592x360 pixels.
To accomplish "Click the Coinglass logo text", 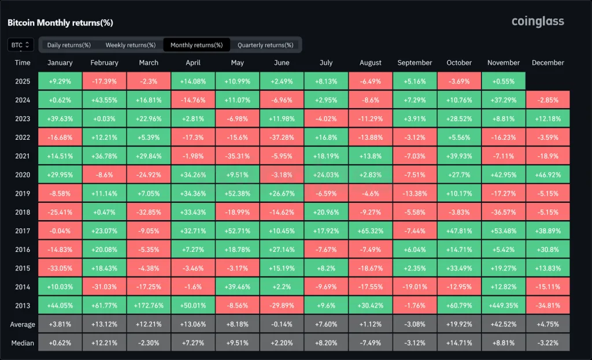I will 537,22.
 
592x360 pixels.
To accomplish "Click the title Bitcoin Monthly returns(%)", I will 60,23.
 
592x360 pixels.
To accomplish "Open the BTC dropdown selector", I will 21,44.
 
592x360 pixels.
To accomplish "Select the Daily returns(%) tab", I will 69,45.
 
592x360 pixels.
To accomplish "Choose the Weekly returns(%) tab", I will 130,45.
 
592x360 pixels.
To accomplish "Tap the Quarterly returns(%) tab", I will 265,45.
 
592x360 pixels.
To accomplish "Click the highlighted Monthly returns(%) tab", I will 197,45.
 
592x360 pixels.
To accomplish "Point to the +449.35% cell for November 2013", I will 504,306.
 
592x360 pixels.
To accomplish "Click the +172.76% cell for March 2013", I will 149,306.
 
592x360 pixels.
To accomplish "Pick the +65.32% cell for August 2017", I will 371,231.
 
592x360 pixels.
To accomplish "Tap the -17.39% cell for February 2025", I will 104,81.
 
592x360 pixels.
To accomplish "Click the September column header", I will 415,62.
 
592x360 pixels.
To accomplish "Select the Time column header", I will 23,62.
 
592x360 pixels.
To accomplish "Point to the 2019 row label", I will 23,193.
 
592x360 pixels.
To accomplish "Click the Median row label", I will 23,343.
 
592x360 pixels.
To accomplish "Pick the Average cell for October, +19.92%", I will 459,324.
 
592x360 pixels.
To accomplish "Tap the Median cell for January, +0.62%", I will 60,343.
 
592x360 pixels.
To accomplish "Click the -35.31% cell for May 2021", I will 237,155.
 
